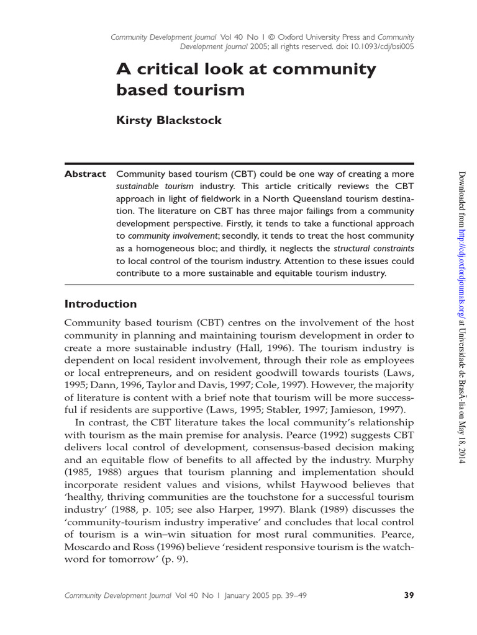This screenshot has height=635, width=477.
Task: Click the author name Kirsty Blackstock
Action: [x=169, y=120]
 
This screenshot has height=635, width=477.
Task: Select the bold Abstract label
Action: [x=85, y=174]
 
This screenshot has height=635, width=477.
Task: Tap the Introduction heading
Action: [x=101, y=304]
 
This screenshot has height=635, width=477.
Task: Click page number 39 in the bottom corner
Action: [x=409, y=595]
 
